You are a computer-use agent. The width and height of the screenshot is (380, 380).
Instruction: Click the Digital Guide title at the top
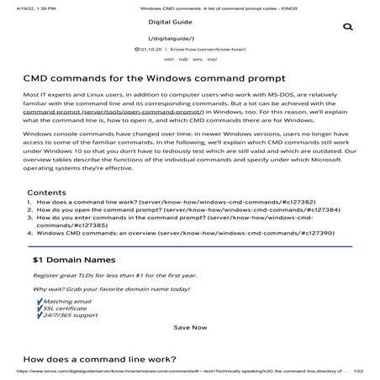click(190, 22)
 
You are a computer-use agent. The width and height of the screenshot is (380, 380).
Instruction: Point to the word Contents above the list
click(47, 216)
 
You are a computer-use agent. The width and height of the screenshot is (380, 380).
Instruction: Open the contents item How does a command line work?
click(124, 226)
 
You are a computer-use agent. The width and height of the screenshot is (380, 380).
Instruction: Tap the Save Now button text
click(189, 326)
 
